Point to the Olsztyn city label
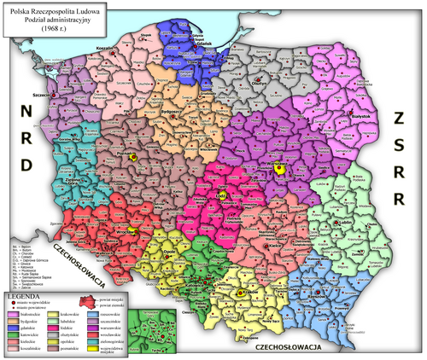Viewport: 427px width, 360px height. [x=260, y=85]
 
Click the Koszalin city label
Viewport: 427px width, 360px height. [x=105, y=49]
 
